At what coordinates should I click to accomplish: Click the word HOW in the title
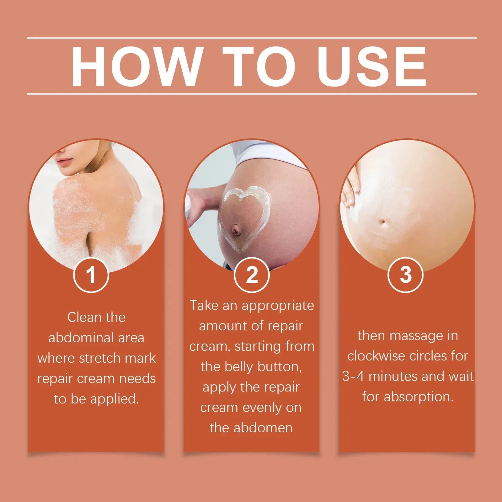tap(136, 66)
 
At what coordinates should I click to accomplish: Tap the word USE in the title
tap(373, 66)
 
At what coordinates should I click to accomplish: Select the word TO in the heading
tap(259, 66)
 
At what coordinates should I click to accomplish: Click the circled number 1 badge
tap(91, 275)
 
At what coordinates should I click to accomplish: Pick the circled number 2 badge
tap(252, 275)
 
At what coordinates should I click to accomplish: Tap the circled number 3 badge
tap(405, 275)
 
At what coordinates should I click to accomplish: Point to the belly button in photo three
tap(383, 222)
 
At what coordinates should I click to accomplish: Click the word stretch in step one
tap(99, 358)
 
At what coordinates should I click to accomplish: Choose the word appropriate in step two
tap(278, 306)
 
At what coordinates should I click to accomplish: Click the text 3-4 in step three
tap(353, 376)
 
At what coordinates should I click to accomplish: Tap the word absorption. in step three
tap(419, 397)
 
